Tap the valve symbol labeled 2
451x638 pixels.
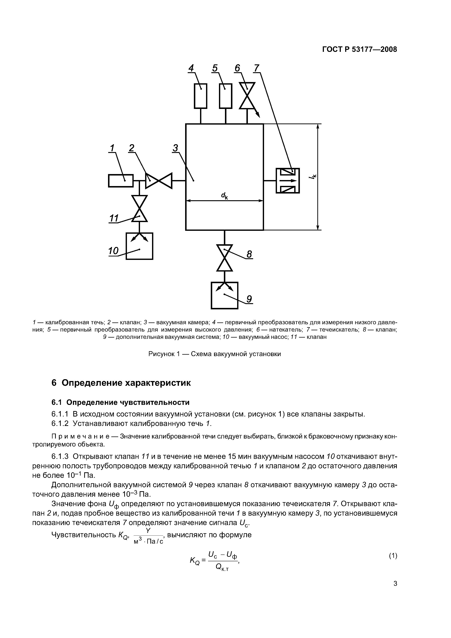159,181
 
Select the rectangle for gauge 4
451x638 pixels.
200,96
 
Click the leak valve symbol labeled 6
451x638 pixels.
247,96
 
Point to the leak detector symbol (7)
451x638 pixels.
288,181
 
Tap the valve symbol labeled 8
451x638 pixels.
225,258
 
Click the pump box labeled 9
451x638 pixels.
225,295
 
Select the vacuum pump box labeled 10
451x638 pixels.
139,246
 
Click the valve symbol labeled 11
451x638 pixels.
139,208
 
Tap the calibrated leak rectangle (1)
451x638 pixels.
121,181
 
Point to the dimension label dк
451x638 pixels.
224,196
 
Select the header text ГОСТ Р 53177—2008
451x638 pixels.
359,49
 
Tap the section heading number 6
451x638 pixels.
54,383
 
